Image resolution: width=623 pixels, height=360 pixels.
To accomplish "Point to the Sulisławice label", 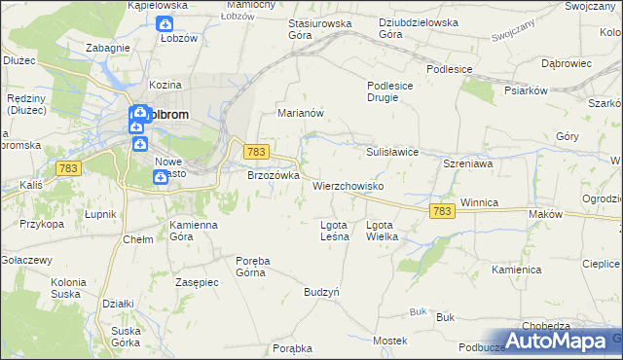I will coord(392,152).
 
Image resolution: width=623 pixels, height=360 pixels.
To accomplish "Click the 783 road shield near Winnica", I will coord(442,211).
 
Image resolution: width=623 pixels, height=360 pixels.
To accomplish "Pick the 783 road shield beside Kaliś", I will coord(68,168).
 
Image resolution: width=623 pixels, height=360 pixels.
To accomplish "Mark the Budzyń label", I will coord(320,292).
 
